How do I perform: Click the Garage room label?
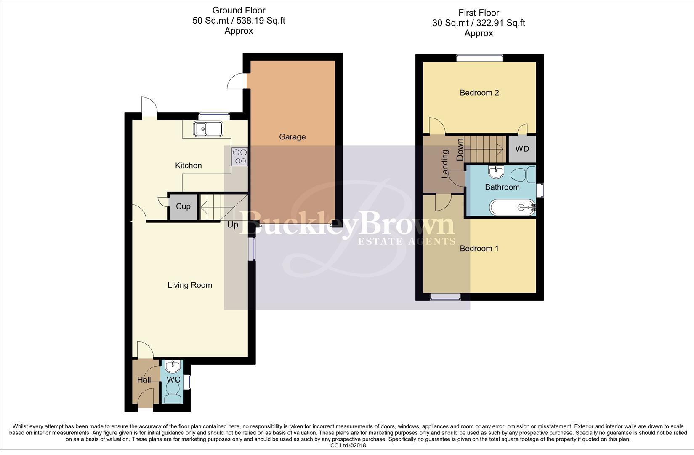click(x=292, y=137)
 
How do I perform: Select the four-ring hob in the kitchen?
click(x=240, y=156)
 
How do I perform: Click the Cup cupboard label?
click(x=183, y=206)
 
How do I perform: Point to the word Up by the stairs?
click(x=233, y=225)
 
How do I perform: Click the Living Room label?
click(x=189, y=285)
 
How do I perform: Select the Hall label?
click(x=144, y=380)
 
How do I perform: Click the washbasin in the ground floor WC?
click(x=173, y=365)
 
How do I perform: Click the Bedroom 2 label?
click(x=479, y=93)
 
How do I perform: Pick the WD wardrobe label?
click(x=522, y=149)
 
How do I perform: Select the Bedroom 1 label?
click(x=479, y=249)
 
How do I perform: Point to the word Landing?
click(x=445, y=165)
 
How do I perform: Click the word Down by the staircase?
click(x=460, y=149)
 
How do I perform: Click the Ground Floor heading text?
click(x=239, y=10)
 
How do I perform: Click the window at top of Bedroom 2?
click(x=479, y=58)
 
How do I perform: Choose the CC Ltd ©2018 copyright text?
click(x=348, y=445)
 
